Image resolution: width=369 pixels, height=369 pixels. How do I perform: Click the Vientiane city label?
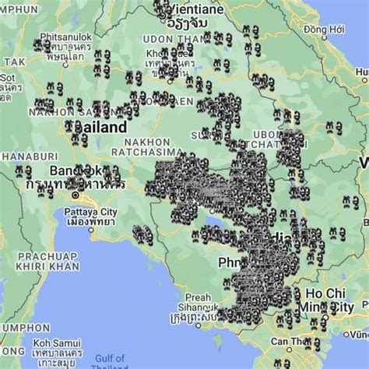coord(196,9)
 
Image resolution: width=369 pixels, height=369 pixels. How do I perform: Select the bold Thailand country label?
coord(97,126)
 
